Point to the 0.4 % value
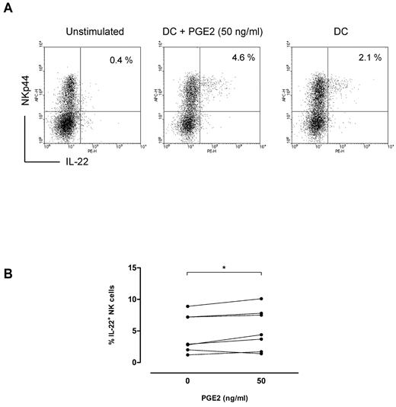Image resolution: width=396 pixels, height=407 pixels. (x=122, y=59)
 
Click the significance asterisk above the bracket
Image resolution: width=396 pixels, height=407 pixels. (x=225, y=268)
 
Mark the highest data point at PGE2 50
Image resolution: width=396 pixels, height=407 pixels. (x=261, y=299)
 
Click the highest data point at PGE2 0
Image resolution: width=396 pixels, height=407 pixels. (x=187, y=306)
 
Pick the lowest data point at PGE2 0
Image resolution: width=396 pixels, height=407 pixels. (x=187, y=355)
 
